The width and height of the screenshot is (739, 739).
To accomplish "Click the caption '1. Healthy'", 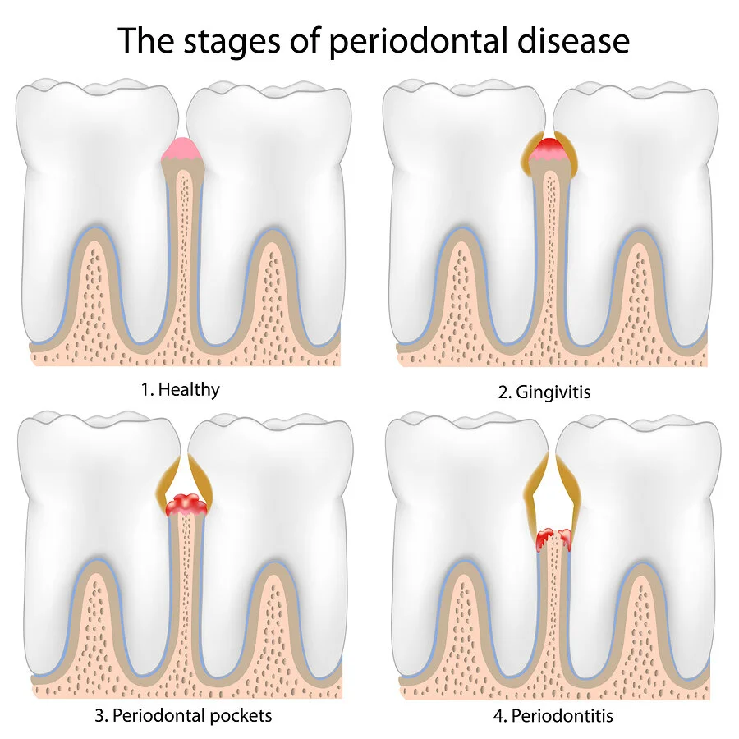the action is pyautogui.click(x=181, y=388).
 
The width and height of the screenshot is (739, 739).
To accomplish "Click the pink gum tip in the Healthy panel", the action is pyautogui.click(x=181, y=149).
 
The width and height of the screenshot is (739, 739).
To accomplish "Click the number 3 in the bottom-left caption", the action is pyautogui.click(x=100, y=714).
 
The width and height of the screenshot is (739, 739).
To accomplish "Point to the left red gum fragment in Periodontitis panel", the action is pyautogui.click(x=544, y=539).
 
